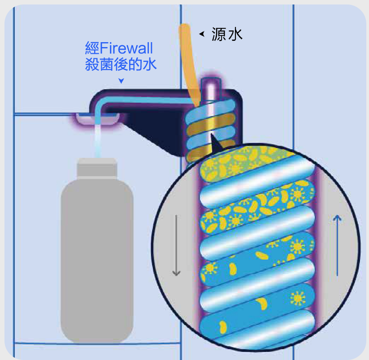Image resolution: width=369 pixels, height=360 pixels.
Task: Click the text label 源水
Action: [x=227, y=35]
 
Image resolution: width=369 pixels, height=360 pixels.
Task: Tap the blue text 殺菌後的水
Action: [x=121, y=64]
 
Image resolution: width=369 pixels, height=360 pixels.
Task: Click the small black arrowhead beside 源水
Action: [x=202, y=33]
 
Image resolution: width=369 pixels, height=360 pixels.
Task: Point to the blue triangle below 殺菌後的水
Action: [x=121, y=81]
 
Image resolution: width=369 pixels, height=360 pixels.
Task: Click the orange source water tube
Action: [x=188, y=58]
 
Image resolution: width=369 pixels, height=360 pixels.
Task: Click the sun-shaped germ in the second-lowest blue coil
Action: [x=296, y=297]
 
